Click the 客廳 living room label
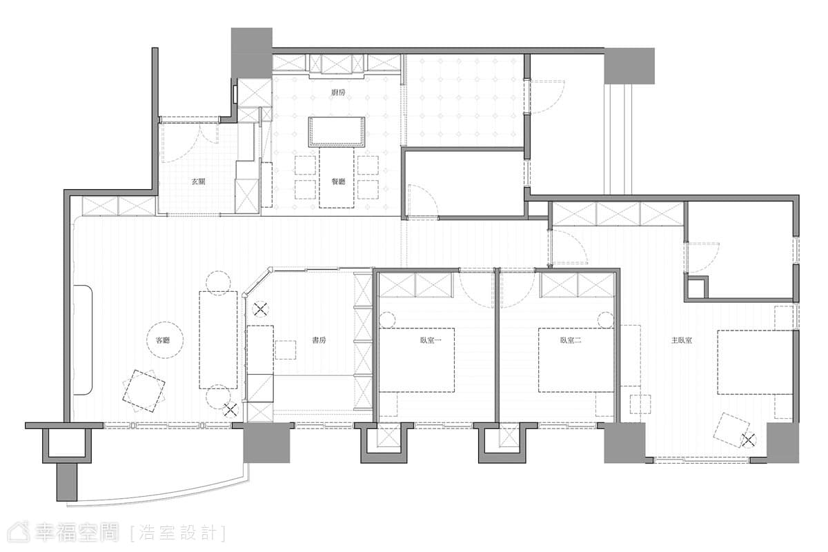163,341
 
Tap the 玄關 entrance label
199,181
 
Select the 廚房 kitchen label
338,92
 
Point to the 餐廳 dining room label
338,181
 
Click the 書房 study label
319,341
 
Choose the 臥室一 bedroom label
431,341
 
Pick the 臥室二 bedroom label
571,341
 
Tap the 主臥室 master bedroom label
682,341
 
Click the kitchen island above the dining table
337,132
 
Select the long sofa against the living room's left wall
83,339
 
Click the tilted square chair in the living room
144,391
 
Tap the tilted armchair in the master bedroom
731,430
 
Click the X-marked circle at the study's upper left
261,309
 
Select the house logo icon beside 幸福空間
19,533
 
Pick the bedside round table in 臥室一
387,319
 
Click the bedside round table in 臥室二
606,319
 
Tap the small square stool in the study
286,350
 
